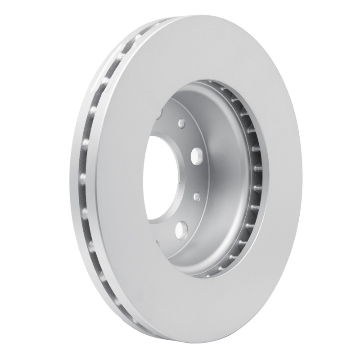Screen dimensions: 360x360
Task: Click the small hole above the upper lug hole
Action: (181, 122)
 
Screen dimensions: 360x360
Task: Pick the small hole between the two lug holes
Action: (197, 196)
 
